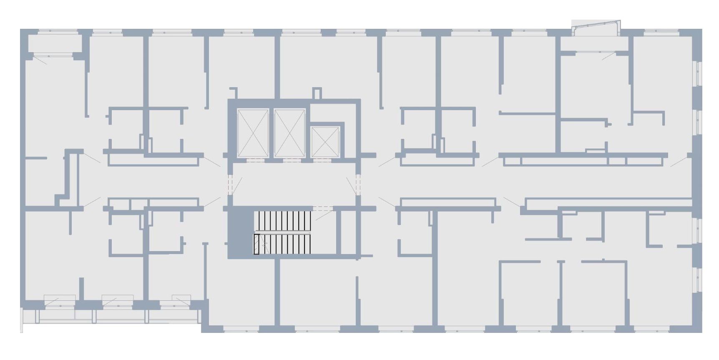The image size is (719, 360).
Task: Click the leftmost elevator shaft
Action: tap(252, 133)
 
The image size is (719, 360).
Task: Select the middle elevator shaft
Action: tap(289, 133)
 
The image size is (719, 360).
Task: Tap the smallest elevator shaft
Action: tap(326, 142)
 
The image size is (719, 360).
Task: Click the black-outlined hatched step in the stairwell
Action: tap(256, 244)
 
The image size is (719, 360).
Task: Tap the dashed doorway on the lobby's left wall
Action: tap(229, 184)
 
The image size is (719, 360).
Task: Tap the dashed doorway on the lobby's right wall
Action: tap(357, 184)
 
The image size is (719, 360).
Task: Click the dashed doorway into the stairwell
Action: tap(322, 208)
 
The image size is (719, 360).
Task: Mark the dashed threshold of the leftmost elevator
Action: tap(252, 160)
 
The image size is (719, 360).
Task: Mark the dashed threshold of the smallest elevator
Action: tap(326, 160)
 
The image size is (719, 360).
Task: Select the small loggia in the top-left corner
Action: tap(54, 44)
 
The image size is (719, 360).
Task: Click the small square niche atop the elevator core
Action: tap(317, 94)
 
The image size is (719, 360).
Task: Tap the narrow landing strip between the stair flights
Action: tap(283, 232)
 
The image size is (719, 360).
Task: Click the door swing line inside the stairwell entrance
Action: tap(324, 215)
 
